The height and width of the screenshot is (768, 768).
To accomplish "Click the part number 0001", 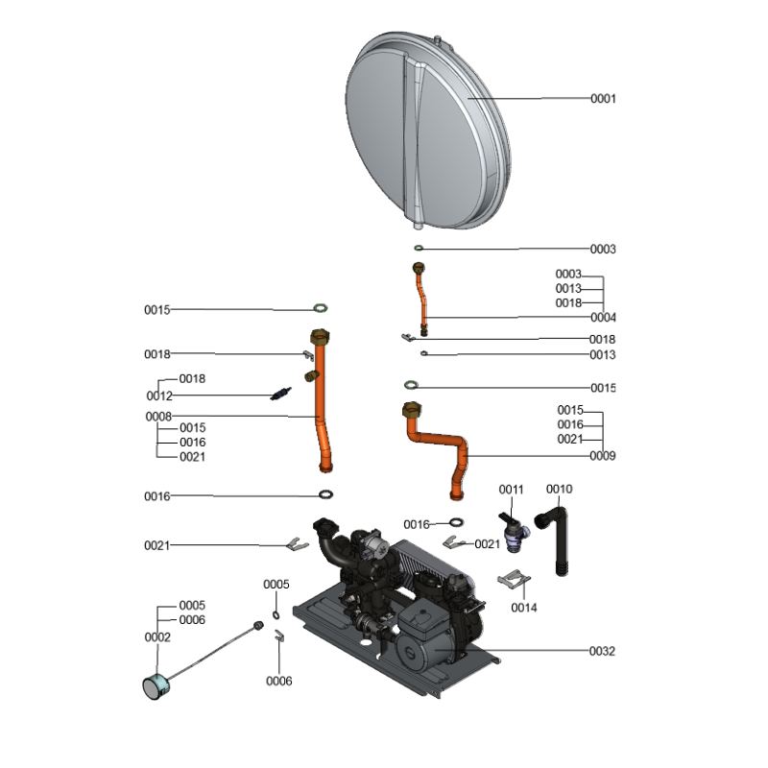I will click(x=602, y=99).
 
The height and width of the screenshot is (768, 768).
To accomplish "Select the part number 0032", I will click(x=602, y=651).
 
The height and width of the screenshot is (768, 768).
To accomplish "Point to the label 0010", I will click(x=559, y=490).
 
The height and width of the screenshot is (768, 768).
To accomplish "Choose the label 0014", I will click(x=524, y=608).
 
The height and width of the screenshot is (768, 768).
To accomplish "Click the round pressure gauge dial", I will click(x=156, y=684).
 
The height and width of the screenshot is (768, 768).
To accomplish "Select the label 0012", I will click(x=159, y=396).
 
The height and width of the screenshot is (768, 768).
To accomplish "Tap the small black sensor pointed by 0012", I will click(x=280, y=394).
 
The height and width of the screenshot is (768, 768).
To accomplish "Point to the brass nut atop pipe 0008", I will click(x=320, y=338).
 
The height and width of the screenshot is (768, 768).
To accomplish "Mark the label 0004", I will click(x=603, y=318).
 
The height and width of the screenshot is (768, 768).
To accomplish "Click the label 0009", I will click(x=602, y=456).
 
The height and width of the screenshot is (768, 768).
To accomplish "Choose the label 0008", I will click(x=158, y=417).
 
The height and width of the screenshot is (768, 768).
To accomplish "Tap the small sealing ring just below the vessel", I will click(x=419, y=249).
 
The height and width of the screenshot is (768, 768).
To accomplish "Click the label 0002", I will click(x=157, y=637).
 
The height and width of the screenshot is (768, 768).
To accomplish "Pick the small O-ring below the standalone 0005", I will click(x=276, y=614).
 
